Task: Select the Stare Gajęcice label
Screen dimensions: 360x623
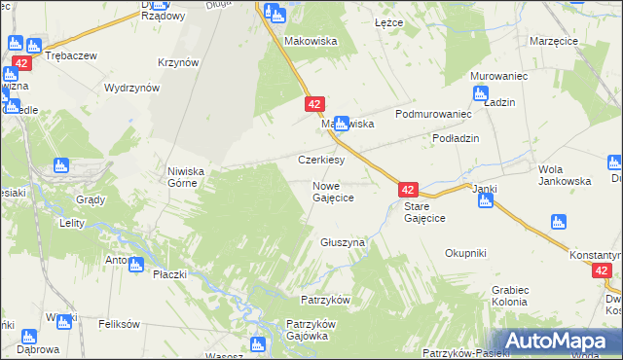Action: [x=424, y=213]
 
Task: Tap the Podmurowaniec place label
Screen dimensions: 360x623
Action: [x=426, y=114]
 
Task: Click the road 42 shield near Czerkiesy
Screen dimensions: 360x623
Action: [x=313, y=103]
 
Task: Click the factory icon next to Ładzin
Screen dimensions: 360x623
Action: [x=479, y=93]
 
